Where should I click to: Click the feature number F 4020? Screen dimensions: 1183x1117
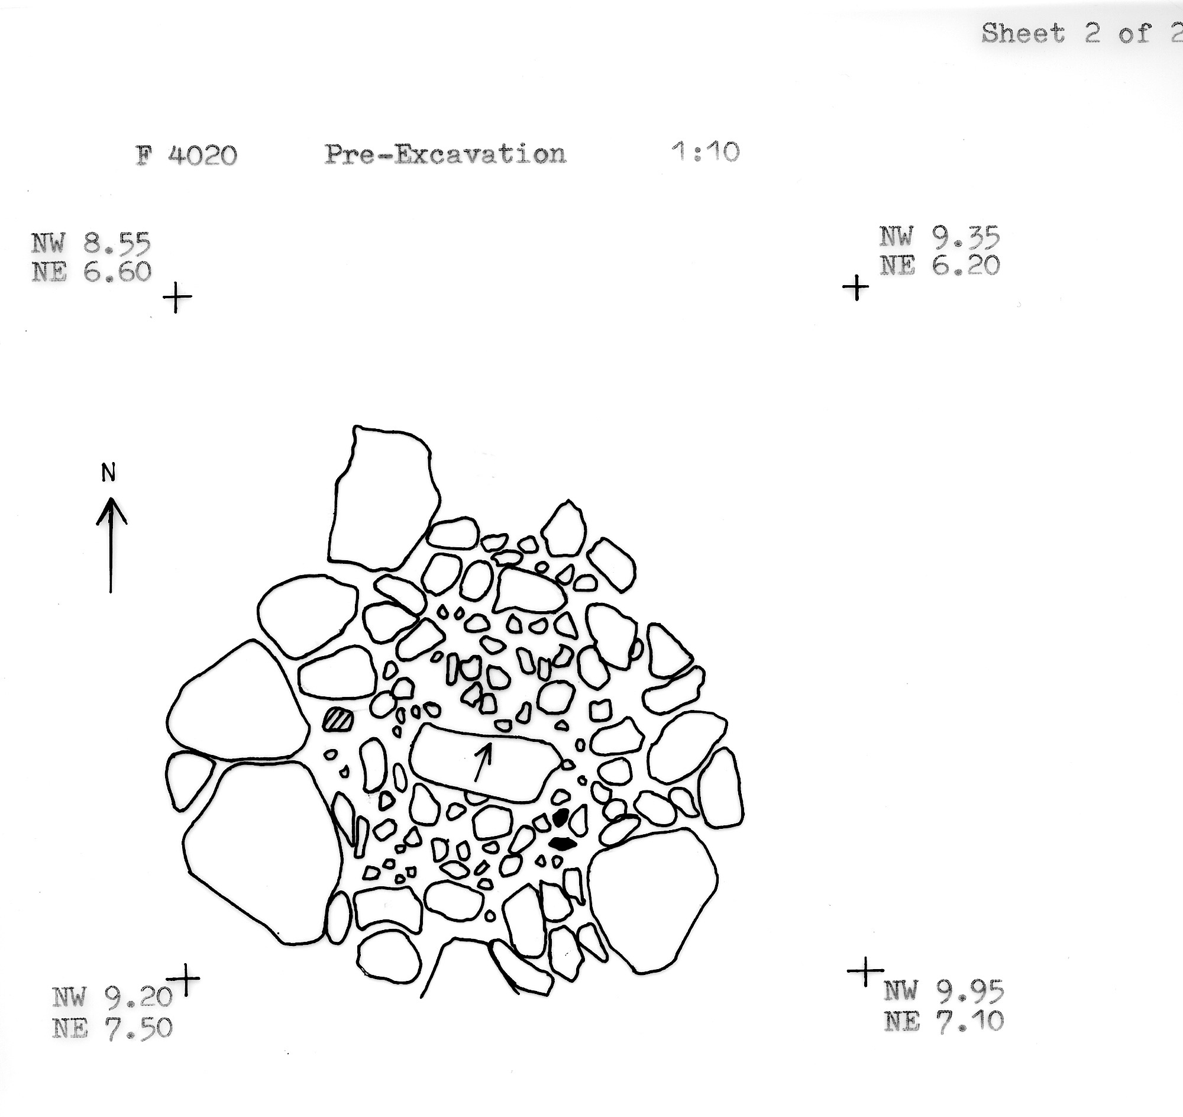186,156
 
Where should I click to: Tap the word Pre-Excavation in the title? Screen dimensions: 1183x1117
445,154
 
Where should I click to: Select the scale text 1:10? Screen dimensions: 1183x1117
706,152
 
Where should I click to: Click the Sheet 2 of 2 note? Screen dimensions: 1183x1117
1081,33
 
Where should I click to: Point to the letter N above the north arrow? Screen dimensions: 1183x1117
108,472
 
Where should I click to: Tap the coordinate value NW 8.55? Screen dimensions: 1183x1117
91,243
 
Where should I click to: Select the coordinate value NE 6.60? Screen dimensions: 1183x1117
92,272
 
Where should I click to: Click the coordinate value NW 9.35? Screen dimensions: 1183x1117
939,237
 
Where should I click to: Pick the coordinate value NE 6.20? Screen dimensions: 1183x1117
940,265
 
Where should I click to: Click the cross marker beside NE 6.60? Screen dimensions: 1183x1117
177,296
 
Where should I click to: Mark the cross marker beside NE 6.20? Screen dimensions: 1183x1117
856,288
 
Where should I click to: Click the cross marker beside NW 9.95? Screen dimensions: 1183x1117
865,972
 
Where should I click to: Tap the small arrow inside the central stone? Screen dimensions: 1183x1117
483,762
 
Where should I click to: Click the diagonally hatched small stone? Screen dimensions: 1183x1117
338,719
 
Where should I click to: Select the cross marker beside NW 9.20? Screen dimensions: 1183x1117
184,979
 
